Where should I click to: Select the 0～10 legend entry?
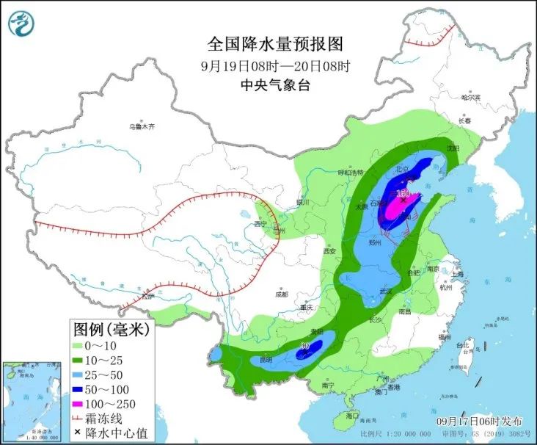click(100, 345)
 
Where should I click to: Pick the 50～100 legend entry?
click(103, 389)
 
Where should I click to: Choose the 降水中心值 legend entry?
click(108, 433)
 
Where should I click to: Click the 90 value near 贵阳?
click(306, 344)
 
